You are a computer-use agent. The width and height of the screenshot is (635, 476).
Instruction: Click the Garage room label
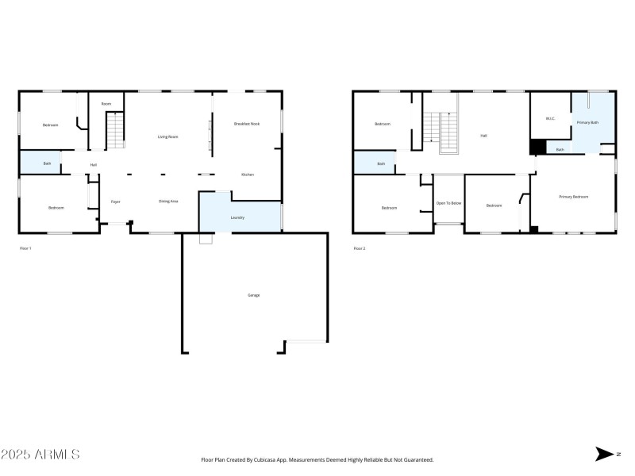click(254, 295)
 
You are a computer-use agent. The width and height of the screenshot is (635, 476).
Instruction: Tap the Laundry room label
click(237, 217)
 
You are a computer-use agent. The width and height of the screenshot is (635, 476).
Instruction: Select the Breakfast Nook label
click(247, 125)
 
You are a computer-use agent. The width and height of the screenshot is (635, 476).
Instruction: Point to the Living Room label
click(167, 136)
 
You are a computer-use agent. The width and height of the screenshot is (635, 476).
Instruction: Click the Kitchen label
click(248, 175)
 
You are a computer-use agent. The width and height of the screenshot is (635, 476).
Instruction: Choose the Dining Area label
click(168, 202)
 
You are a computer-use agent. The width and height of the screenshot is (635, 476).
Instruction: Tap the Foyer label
click(116, 202)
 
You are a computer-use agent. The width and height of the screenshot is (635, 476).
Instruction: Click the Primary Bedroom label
click(574, 196)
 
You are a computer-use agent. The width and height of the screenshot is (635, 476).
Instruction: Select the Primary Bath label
click(587, 122)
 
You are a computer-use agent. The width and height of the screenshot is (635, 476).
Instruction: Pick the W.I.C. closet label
click(550, 119)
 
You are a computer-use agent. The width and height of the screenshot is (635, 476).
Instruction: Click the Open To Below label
click(448, 203)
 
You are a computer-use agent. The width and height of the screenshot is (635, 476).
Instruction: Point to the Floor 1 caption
click(25, 248)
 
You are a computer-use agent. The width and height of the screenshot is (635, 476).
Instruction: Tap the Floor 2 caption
click(359, 248)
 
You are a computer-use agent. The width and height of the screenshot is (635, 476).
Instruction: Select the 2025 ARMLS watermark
click(40, 455)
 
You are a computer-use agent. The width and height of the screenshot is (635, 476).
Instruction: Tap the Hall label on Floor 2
click(483, 136)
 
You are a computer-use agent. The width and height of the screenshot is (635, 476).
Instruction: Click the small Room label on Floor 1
click(106, 104)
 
